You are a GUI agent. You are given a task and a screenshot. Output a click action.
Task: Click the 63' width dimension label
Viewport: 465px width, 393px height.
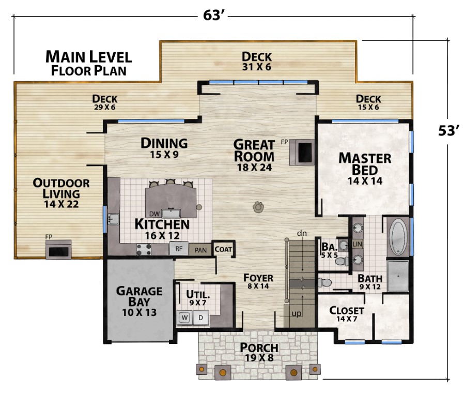point(212,16)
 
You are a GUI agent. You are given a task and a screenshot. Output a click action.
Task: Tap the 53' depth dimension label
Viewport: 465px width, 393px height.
point(449,131)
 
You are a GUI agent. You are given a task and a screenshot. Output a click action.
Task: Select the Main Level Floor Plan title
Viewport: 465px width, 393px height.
point(88,63)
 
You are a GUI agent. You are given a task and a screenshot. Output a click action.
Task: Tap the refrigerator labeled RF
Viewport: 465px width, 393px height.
point(178,249)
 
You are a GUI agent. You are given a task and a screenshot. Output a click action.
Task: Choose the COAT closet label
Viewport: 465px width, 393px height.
point(224,249)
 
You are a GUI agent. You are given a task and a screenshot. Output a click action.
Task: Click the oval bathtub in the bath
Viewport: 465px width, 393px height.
point(398,237)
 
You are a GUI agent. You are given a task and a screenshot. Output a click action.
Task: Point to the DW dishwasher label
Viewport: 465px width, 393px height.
point(153,213)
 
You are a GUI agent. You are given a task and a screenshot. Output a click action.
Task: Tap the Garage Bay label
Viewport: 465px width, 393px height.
point(139,301)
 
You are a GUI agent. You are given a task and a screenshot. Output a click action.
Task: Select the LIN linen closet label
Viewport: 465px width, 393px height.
point(357,244)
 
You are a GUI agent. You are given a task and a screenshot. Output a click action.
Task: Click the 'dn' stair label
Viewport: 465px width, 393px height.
point(302,234)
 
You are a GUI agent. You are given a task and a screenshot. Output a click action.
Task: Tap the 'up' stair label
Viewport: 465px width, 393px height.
point(296,313)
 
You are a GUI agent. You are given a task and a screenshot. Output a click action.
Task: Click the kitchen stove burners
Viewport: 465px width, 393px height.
point(144,249)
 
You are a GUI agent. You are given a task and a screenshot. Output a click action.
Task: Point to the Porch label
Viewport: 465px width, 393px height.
point(259,352)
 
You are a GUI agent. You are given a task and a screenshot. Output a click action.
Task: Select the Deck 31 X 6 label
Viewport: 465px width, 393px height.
point(257,61)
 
